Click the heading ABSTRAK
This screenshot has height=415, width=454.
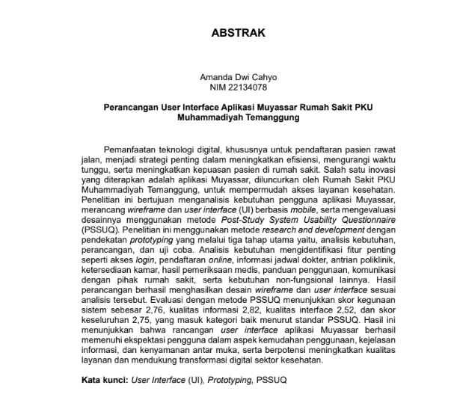click(x=226, y=34)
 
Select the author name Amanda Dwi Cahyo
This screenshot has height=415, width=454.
click(x=227, y=77)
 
